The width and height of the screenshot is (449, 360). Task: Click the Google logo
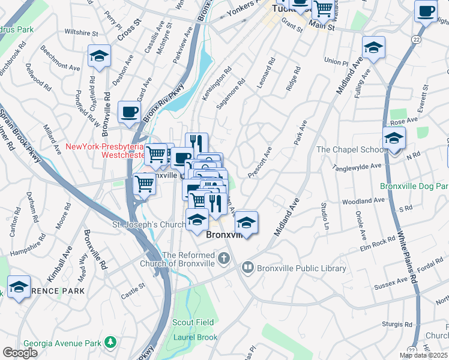click(x=20, y=353)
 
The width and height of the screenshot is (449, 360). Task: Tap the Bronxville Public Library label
click(x=295, y=268)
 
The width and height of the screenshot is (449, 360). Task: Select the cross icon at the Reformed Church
click(x=224, y=259)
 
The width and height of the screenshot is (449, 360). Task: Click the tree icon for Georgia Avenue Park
click(x=110, y=342)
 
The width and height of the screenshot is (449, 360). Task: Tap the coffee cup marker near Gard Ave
click(x=130, y=112)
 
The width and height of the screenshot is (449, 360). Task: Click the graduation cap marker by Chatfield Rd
click(x=99, y=57)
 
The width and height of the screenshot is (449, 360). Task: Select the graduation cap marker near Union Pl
click(x=373, y=48)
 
